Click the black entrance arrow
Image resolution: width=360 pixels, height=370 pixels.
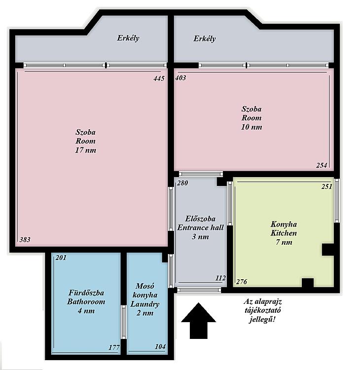(x=198, y=321)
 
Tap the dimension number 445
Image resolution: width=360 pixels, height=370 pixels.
(x=159, y=78)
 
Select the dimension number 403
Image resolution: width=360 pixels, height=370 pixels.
(x=180, y=78)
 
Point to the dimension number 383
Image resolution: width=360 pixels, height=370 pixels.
(x=25, y=240)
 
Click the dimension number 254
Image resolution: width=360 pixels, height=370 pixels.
(x=322, y=165)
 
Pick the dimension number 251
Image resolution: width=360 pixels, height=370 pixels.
(x=327, y=186)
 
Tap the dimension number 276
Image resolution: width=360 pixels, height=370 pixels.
(x=242, y=282)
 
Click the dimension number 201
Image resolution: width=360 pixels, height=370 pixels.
(x=61, y=258)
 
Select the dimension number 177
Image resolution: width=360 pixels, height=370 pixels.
(x=114, y=347)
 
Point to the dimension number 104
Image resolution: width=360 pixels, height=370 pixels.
(x=160, y=346)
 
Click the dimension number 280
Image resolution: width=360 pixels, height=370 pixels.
(x=182, y=183)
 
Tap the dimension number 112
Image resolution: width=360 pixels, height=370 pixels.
(x=220, y=278)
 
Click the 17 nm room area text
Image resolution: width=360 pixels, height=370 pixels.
(x=86, y=150)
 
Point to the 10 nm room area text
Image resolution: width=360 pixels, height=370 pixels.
(x=252, y=127)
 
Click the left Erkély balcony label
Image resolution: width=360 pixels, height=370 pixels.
(x=128, y=38)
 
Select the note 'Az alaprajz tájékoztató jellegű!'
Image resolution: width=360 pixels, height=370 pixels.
(x=262, y=310)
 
